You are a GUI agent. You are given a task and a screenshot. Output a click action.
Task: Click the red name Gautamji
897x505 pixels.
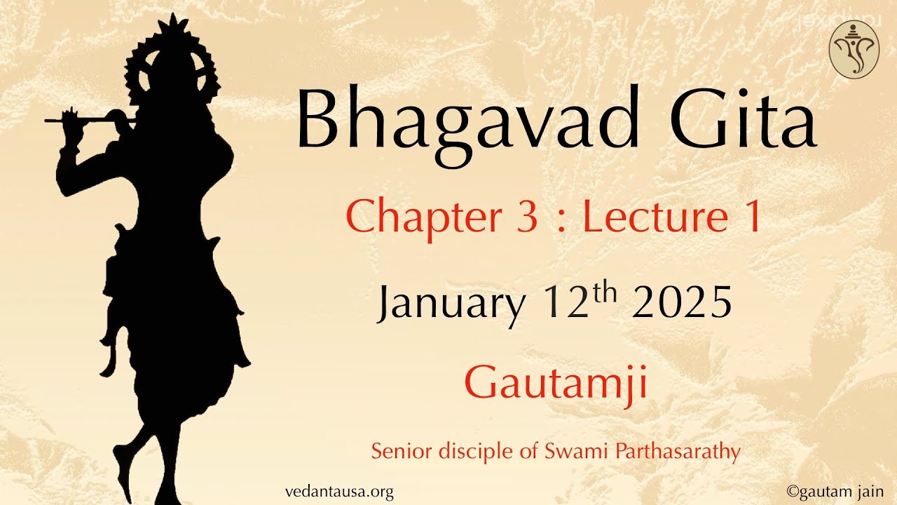(555, 384)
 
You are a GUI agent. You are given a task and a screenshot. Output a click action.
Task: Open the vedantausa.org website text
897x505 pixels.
(339, 492)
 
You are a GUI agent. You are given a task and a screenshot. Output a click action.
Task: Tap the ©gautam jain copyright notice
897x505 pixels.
(835, 492)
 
